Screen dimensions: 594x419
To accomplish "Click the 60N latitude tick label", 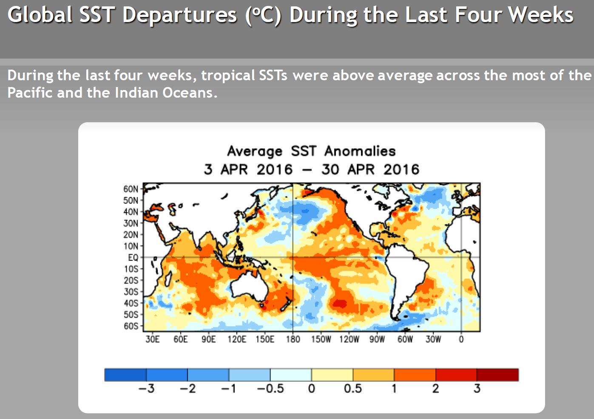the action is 131,189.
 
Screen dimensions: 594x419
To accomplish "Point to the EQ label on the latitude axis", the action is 133,257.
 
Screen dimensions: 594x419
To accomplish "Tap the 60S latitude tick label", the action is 131,326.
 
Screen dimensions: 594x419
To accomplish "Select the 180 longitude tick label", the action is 293,339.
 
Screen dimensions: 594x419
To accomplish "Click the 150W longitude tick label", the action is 321,339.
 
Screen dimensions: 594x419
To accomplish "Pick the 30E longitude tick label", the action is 153,339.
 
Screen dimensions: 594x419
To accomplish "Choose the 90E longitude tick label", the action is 209,339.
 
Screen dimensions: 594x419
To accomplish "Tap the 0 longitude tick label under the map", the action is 461,339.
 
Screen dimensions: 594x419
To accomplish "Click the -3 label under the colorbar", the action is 146,388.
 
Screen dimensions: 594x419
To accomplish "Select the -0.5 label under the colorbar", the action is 270,388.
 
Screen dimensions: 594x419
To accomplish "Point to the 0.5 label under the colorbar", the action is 352,388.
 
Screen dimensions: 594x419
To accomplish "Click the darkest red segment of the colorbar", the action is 497,374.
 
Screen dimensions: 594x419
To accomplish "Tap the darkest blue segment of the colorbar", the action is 125,374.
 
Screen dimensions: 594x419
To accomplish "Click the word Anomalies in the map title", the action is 360,151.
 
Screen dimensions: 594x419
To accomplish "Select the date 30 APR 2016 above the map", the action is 370,169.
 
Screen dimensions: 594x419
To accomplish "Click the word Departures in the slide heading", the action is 179,15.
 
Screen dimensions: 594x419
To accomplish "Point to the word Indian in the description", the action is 136,93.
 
